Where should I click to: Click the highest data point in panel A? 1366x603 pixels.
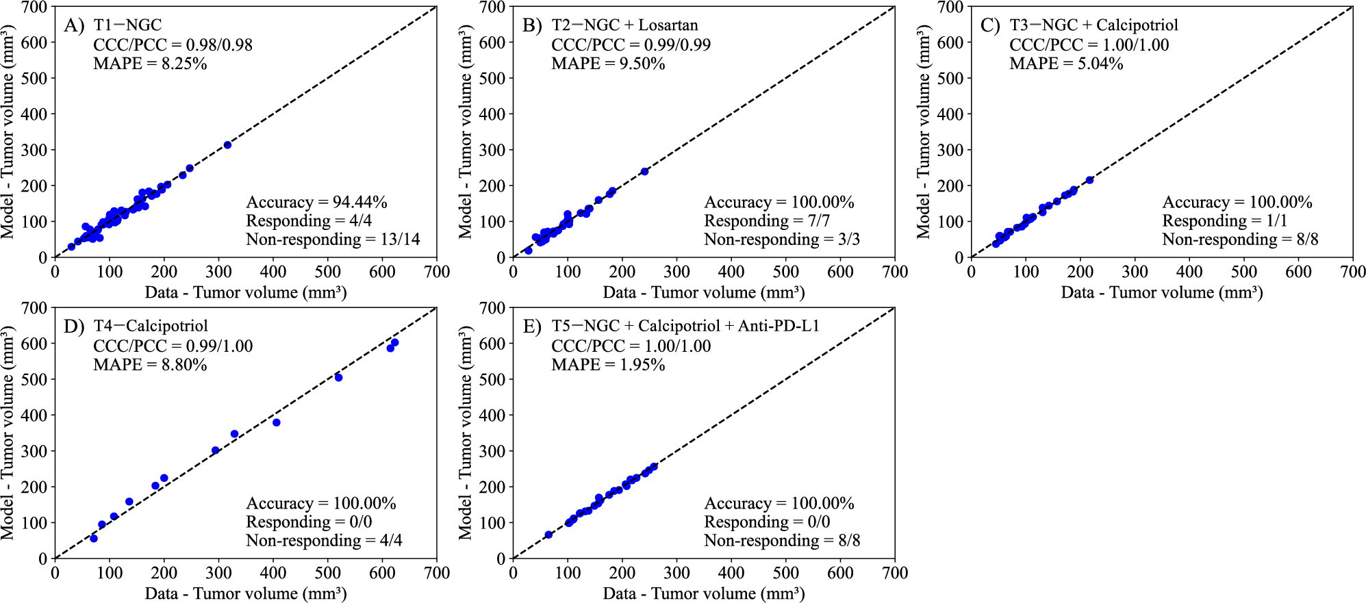coord(227,145)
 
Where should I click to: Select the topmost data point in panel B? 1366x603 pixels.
coord(644,171)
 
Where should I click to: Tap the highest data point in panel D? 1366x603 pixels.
coord(394,343)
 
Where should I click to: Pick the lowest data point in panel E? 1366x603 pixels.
coord(548,535)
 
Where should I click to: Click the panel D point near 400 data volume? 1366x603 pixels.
coord(277,423)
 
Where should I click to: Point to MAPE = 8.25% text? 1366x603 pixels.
coord(150,64)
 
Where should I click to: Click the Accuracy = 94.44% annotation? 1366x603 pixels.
coord(316,202)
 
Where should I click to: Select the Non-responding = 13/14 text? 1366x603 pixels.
coord(333,239)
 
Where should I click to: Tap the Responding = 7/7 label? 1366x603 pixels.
coord(767,220)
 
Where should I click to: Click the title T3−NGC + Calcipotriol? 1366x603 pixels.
coord(1093,25)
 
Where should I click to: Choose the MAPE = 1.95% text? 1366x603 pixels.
coord(608,365)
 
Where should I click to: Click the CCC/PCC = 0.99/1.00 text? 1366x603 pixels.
coord(173,346)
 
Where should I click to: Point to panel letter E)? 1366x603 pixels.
coord(532,326)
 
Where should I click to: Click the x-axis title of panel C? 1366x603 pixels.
coord(1161,293)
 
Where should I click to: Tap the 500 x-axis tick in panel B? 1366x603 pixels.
coord(785,272)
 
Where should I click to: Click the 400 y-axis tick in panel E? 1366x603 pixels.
coord(496,415)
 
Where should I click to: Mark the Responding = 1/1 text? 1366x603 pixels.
coord(1224,220)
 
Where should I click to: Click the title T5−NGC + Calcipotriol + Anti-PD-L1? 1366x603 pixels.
coord(685,326)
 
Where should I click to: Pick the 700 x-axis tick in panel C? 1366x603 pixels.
coord(1352,272)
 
